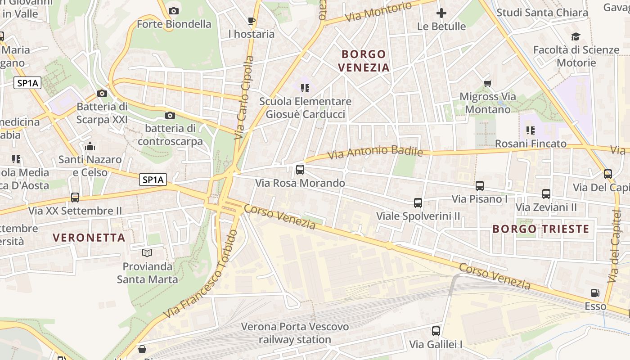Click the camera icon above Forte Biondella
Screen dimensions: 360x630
pyautogui.click(x=174, y=11)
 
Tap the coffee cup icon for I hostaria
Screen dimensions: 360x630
pyautogui.click(x=252, y=21)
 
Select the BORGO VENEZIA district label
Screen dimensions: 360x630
pyautogui.click(x=364, y=61)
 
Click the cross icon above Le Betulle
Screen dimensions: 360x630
pyautogui.click(x=441, y=13)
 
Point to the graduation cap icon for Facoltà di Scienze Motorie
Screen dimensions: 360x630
pyautogui.click(x=576, y=37)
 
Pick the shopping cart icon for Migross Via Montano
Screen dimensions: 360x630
pyautogui.click(x=487, y=83)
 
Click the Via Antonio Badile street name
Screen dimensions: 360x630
pyautogui.click(x=375, y=153)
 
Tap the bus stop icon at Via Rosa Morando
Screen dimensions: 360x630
pyautogui.click(x=300, y=170)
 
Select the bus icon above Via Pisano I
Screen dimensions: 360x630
pyautogui.click(x=480, y=185)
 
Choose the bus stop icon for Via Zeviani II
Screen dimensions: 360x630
pyautogui.click(x=546, y=194)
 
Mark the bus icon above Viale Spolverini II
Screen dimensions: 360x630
pyautogui.click(x=418, y=203)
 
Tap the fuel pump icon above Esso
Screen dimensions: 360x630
pyautogui.click(x=595, y=293)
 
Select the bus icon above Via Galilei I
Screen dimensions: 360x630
pyautogui.click(x=436, y=331)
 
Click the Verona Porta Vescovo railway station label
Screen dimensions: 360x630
pyautogui.click(x=295, y=333)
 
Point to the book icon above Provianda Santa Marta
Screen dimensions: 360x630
pyautogui.click(x=147, y=253)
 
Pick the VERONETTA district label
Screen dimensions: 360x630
pyautogui.click(x=89, y=238)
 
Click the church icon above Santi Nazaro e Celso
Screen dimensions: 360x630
pyautogui.click(x=90, y=146)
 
